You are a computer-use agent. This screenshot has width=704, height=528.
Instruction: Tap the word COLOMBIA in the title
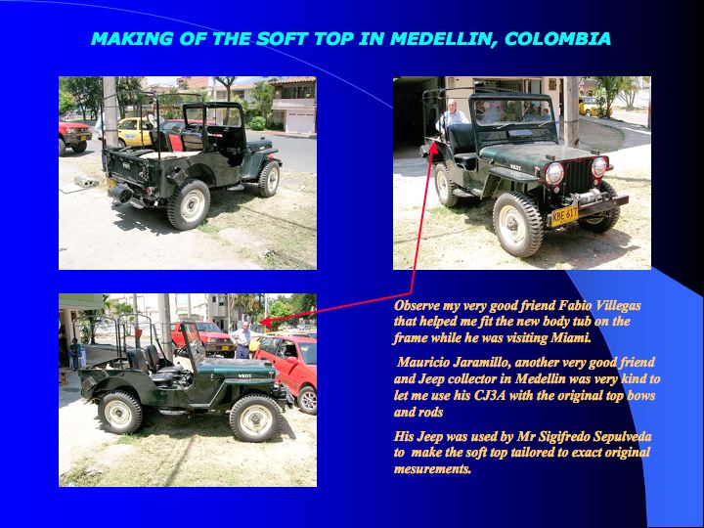click(557, 38)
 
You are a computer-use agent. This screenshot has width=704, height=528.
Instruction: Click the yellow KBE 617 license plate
click(564, 216)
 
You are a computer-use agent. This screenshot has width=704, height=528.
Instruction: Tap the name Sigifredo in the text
click(562, 436)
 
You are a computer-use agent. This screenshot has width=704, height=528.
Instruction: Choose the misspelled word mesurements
click(432, 469)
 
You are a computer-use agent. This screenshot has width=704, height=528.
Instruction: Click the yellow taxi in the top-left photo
click(134, 132)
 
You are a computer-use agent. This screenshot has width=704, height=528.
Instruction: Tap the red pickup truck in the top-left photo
click(74, 136)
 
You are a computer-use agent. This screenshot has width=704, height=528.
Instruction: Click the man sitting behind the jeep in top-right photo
click(451, 115)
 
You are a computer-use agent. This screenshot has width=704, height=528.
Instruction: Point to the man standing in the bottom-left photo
click(242, 340)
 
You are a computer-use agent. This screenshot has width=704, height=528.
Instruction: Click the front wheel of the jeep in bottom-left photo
click(255, 418)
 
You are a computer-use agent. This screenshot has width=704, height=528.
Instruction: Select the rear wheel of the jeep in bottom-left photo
click(119, 413)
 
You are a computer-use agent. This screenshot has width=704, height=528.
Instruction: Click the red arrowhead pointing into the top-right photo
click(434, 149)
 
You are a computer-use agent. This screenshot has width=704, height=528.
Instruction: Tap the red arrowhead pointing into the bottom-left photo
click(265, 322)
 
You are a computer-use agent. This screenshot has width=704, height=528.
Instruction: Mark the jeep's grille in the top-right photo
click(578, 176)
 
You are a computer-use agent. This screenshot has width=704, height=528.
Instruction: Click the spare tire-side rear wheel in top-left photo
click(188, 204)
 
